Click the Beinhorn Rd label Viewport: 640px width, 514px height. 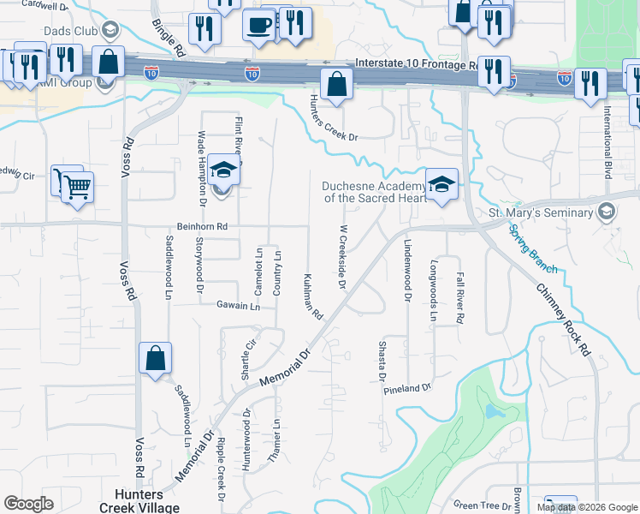(x=202, y=226)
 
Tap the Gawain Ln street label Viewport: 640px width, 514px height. (x=237, y=306)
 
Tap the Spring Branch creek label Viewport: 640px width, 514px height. (x=532, y=249)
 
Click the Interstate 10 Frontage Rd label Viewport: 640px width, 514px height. (x=417, y=64)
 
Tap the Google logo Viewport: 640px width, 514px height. (x=28, y=504)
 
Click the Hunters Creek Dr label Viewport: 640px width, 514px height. (x=333, y=120)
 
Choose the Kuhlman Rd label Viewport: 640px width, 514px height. (x=312, y=297)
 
